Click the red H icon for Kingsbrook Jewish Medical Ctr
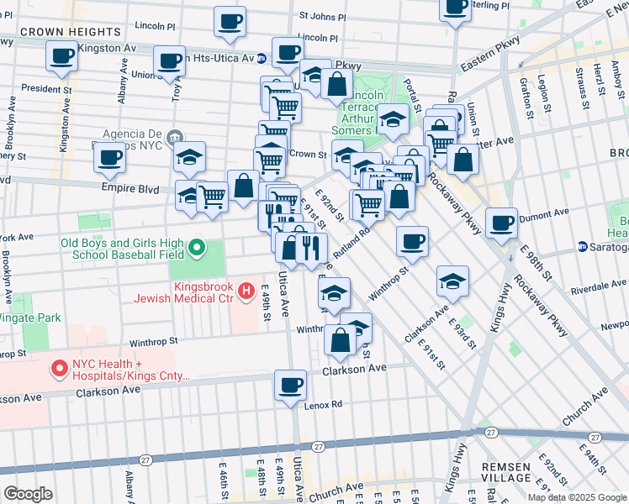coord(246,291)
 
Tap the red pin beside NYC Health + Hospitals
coord(60,368)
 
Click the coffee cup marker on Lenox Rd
coord(291,386)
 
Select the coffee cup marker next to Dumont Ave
coord(501,223)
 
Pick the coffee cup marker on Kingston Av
coord(62,57)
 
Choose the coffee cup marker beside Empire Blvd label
coord(109,157)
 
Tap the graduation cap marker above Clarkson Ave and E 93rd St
coord(452,282)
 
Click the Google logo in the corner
coord(27,493)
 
